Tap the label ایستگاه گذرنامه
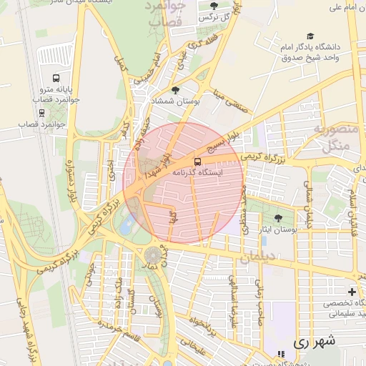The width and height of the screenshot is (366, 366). click(x=198, y=172)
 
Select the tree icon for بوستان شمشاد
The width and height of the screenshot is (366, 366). click(x=176, y=90)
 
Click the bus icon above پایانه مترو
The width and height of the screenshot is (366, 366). click(x=56, y=79)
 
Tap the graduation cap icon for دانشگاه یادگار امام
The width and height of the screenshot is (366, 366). click(x=310, y=36)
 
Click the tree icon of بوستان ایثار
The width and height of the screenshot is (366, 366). click(x=278, y=218)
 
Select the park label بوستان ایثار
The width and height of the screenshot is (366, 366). click(x=278, y=230)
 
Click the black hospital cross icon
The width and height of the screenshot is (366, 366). click(x=352, y=292)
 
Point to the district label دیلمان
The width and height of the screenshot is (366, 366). click(x=256, y=258)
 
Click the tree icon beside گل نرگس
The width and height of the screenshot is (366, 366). click(x=214, y=6)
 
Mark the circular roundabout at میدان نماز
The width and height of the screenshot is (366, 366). click(x=153, y=255)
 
